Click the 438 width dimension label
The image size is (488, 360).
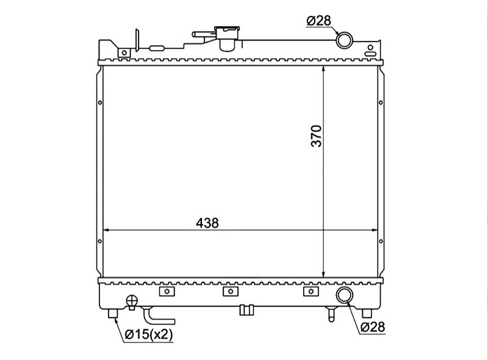[207, 223]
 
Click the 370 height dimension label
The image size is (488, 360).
[317, 136]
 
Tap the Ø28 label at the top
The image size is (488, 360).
[318, 21]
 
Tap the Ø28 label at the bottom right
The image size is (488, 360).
[373, 327]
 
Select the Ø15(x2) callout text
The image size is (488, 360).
[148, 335]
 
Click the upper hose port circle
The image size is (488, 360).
[345, 40]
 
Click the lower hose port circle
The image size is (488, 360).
[345, 295]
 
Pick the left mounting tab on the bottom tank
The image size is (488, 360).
[167, 292]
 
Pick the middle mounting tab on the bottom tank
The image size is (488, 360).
[231, 292]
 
